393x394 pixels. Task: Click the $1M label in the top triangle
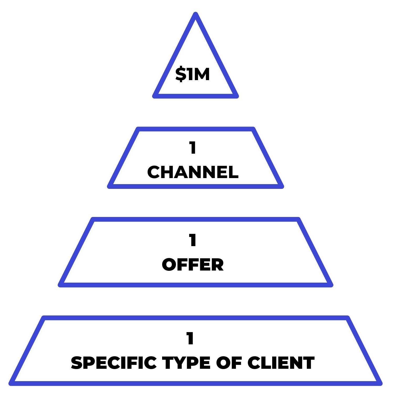193,74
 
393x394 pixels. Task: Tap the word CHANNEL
193,172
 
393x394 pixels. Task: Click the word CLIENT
281,363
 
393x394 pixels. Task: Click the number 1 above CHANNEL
193,148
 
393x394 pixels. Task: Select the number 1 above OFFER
193,240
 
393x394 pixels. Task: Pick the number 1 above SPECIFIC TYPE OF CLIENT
190,339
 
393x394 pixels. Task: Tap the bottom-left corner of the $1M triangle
155,96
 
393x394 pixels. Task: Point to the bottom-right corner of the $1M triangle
236,96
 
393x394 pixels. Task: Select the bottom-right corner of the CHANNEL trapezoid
282,186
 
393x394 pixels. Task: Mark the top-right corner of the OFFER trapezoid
298,219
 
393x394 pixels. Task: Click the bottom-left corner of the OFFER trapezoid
60,285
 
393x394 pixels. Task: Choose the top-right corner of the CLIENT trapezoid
348,318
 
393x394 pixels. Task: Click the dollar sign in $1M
180,74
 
